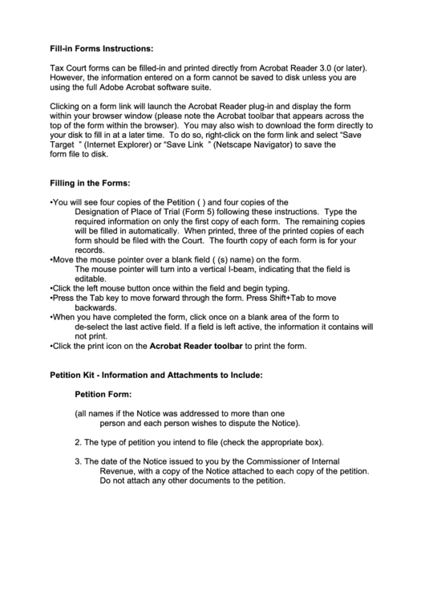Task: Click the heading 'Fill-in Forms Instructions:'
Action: [x=101, y=48]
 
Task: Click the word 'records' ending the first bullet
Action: [x=90, y=250]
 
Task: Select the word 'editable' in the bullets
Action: [x=91, y=279]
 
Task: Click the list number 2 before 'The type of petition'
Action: [x=77, y=442]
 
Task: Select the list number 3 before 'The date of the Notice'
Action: [x=77, y=461]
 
